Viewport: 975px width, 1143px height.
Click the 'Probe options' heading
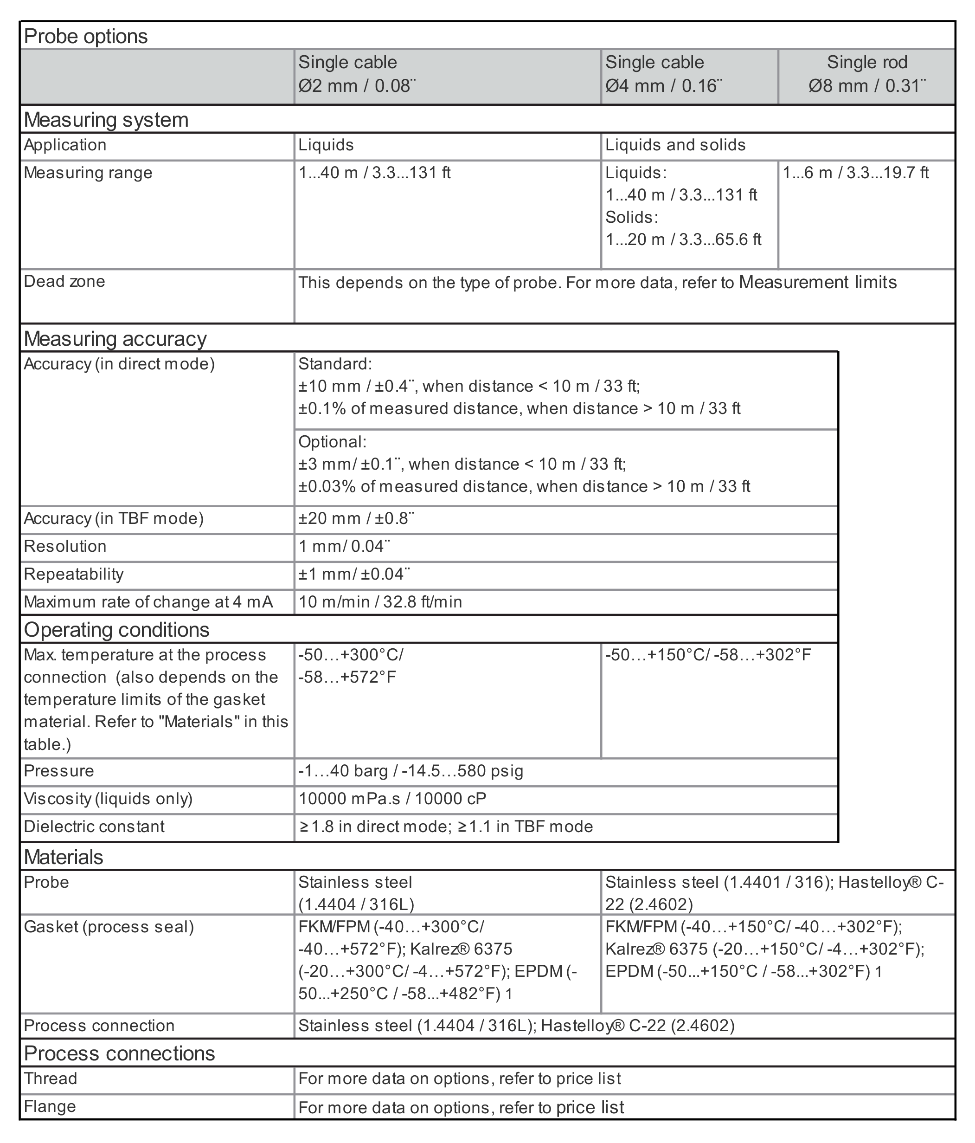[86, 36]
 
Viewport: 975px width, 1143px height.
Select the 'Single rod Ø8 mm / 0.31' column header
[866, 74]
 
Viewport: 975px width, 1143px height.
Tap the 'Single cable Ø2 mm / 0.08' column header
[357, 74]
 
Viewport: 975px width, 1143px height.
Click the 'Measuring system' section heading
[106, 120]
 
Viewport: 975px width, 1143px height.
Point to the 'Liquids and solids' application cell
[675, 145]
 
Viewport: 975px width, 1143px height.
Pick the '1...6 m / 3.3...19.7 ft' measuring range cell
[855, 173]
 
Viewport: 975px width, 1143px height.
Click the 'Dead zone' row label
[64, 281]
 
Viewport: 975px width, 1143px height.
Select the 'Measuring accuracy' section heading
[115, 339]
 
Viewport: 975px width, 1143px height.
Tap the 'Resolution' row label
[65, 546]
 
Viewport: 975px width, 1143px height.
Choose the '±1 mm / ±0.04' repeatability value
[354, 574]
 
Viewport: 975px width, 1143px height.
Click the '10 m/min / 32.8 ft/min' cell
[380, 602]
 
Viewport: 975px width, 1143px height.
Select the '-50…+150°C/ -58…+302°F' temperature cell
[708, 655]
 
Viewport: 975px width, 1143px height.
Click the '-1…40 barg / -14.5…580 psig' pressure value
[411, 771]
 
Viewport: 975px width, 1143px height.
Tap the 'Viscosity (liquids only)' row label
[108, 798]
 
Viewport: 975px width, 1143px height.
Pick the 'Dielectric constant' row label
[94, 827]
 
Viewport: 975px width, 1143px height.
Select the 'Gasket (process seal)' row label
[109, 927]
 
